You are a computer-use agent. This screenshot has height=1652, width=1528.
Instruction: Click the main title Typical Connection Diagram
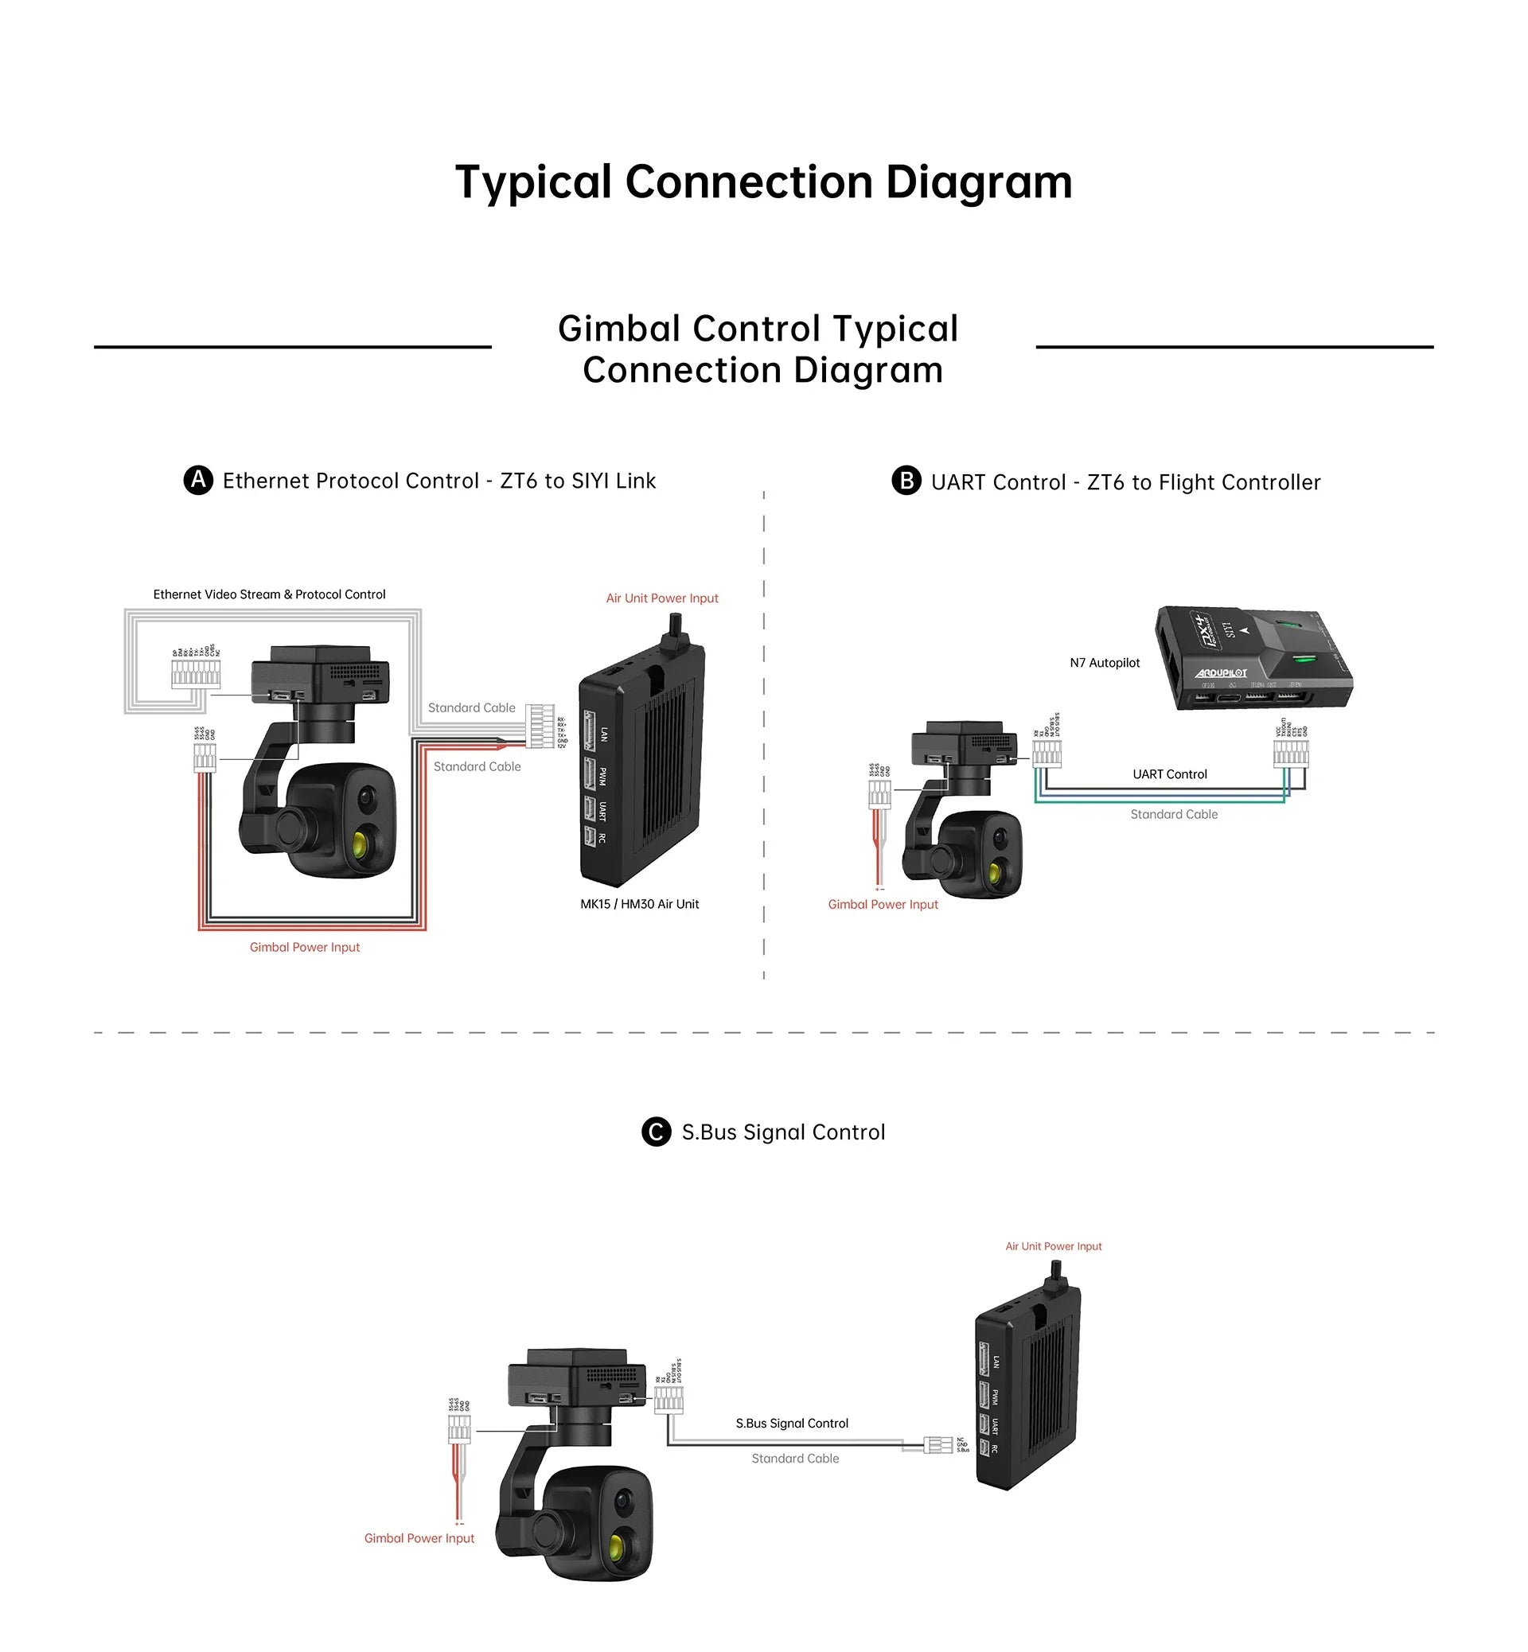click(x=763, y=182)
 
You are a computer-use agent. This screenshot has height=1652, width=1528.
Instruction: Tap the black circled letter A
click(x=197, y=481)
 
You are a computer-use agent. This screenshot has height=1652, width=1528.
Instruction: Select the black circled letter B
click(x=906, y=481)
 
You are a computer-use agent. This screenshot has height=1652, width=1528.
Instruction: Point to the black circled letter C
click(x=656, y=1132)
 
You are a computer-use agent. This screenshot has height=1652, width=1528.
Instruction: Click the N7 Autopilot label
click(x=1104, y=663)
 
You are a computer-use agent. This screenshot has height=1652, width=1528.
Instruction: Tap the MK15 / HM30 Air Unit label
click(x=639, y=905)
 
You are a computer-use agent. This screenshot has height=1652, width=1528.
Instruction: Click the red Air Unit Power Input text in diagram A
click(x=661, y=598)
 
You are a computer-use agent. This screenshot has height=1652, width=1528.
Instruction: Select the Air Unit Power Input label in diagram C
click(x=1053, y=1246)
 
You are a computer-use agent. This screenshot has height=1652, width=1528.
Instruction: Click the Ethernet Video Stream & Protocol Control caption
click(x=269, y=594)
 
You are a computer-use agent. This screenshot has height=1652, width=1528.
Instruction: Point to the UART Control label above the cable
click(x=1169, y=775)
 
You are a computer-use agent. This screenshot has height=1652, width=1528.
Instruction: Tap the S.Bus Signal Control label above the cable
click(x=791, y=1423)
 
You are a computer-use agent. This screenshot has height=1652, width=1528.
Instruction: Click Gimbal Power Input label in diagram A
click(x=304, y=948)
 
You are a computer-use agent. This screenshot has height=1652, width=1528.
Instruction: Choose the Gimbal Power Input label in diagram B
click(x=883, y=905)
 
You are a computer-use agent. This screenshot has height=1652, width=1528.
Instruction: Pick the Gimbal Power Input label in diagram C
click(x=419, y=1538)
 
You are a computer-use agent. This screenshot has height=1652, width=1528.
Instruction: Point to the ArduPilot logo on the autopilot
click(x=1221, y=673)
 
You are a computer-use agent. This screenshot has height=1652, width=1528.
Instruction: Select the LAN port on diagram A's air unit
click(x=591, y=732)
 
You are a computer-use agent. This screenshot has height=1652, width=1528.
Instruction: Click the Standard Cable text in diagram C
click(x=794, y=1459)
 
